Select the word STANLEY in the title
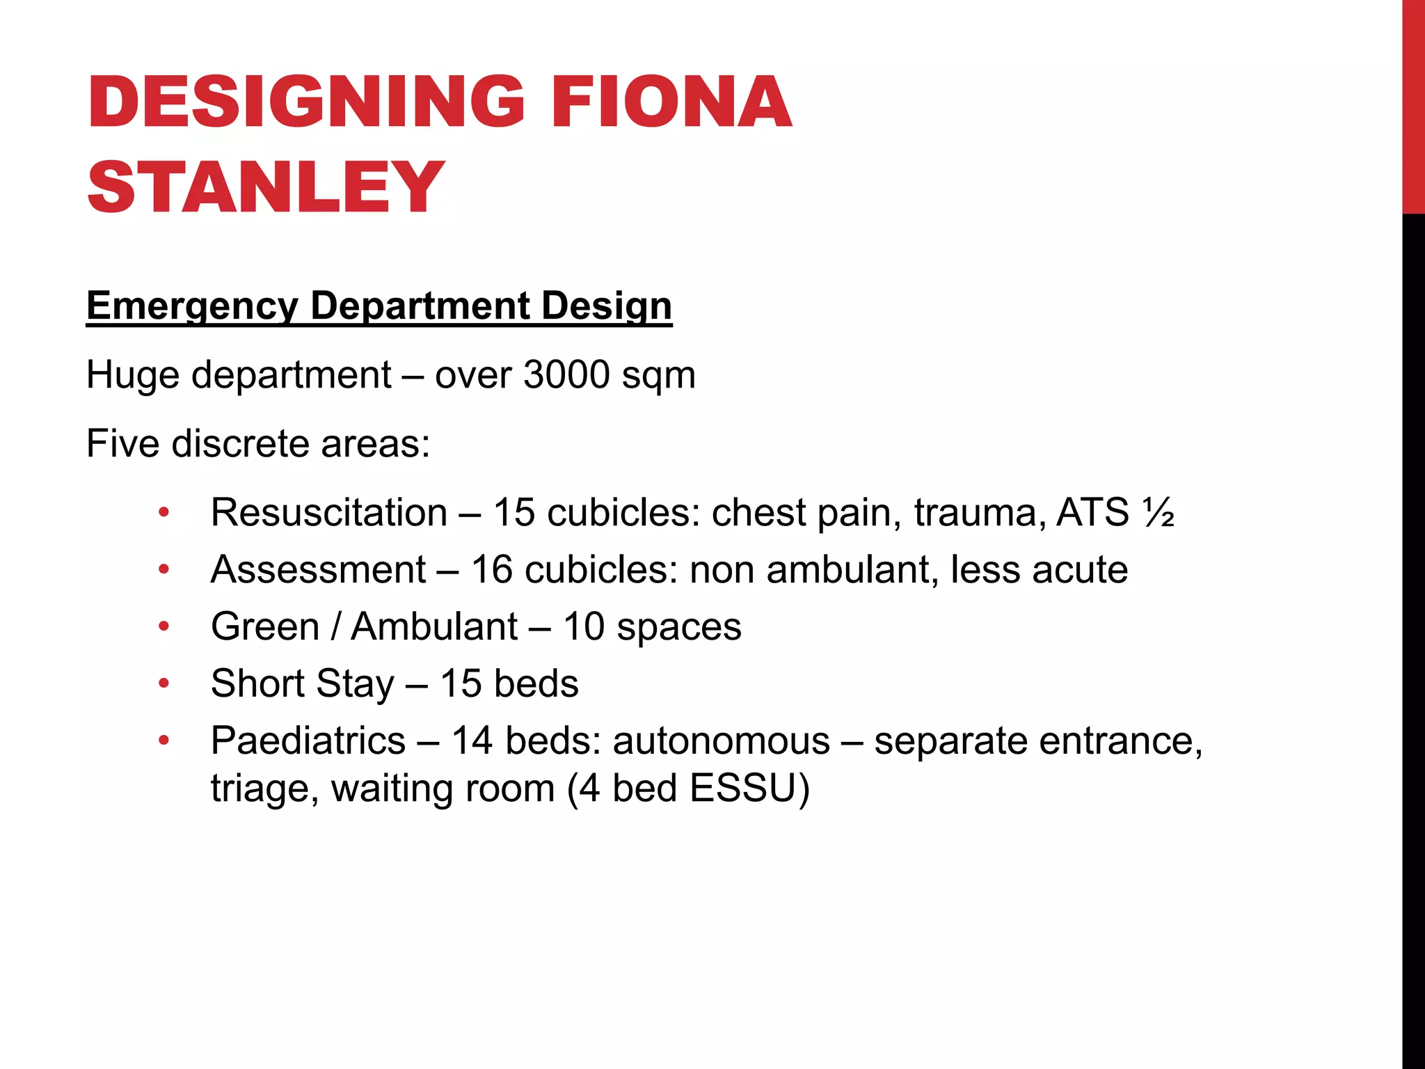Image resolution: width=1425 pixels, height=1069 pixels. point(266,187)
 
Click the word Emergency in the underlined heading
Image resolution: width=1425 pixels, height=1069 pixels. point(192,306)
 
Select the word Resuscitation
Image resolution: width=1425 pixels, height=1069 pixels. point(329,513)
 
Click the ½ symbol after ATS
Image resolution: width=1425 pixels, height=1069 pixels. point(1159,513)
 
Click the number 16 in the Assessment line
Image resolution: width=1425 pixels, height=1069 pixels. point(492,570)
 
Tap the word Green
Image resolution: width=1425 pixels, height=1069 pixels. point(265,626)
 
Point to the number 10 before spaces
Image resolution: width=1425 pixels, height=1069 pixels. point(584,626)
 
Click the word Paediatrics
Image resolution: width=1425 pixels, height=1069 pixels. point(308,741)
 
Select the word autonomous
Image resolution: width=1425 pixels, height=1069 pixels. point(721,741)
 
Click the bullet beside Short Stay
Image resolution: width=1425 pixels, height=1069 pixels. point(164,683)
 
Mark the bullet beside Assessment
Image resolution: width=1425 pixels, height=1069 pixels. point(164,570)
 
